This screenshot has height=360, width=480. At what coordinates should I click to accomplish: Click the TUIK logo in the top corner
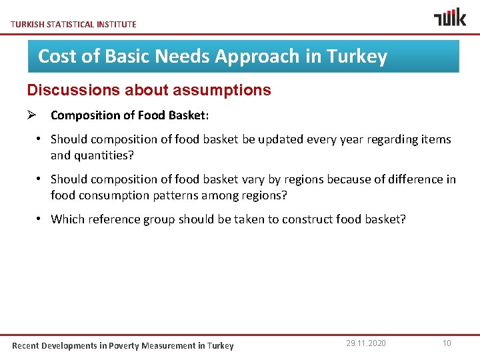450,17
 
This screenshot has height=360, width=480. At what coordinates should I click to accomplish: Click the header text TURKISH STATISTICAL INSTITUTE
74,24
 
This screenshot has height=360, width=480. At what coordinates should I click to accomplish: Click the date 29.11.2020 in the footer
365,343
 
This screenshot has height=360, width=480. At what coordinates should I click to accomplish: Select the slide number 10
447,343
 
